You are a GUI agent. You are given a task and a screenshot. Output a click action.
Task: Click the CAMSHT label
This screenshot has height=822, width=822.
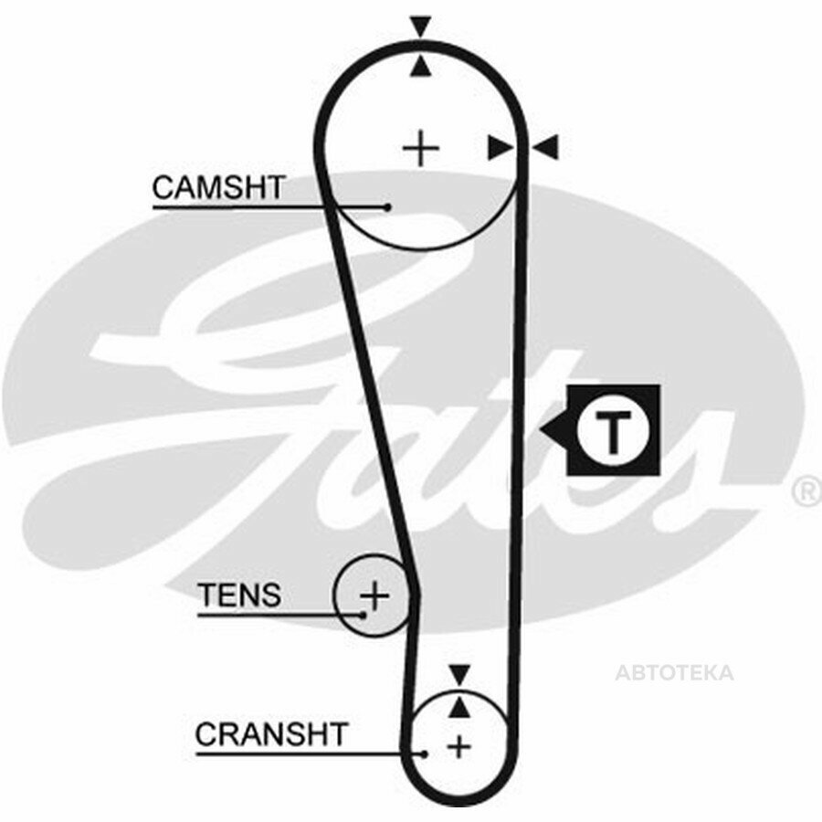[x=218, y=187]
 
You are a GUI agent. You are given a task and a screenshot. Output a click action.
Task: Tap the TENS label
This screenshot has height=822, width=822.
[x=239, y=595]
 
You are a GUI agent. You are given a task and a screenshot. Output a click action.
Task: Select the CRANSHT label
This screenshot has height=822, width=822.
[x=271, y=734]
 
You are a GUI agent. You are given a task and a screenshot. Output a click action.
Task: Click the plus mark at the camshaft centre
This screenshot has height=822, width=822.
[x=420, y=148]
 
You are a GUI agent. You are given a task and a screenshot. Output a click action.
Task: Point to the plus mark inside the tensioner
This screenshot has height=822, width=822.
[x=374, y=595]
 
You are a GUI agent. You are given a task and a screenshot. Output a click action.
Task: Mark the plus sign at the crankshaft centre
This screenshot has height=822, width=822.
[x=459, y=746]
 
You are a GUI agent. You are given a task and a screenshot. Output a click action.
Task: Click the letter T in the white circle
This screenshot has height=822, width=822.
[x=612, y=431]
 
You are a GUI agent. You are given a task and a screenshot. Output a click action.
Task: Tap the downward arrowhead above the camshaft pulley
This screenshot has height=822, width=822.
[x=420, y=26]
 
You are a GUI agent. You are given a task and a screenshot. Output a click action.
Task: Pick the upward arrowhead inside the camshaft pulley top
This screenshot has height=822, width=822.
[x=420, y=67]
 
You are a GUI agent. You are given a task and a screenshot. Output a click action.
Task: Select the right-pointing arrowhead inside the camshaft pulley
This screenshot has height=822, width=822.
[x=501, y=147]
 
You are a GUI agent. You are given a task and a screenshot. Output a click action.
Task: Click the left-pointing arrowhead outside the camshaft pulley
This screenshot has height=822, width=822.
[x=545, y=147]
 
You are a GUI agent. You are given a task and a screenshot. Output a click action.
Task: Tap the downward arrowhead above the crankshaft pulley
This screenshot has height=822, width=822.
[x=459, y=674]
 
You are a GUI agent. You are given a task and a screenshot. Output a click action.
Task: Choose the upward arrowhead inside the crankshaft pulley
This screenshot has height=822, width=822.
[x=459, y=707]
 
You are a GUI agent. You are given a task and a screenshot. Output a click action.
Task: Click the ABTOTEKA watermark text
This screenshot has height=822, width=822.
[x=674, y=672]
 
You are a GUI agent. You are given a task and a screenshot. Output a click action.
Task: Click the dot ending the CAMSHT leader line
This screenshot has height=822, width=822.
[x=387, y=207]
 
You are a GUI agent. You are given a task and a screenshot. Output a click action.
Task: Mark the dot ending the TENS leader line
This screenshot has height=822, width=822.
[x=363, y=615]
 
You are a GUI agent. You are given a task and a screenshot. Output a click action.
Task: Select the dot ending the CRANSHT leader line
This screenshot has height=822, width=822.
[x=424, y=754]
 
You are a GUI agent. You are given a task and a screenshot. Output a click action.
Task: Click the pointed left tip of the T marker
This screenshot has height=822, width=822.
[x=541, y=430]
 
